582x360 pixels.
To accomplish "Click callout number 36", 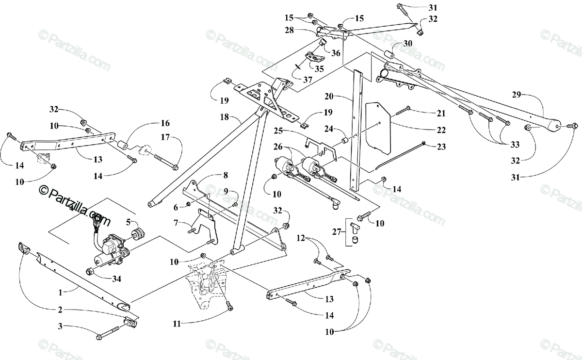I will (x=336, y=53).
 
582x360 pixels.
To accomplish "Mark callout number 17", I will (x=166, y=137).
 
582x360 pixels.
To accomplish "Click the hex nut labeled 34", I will (x=90, y=271).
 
